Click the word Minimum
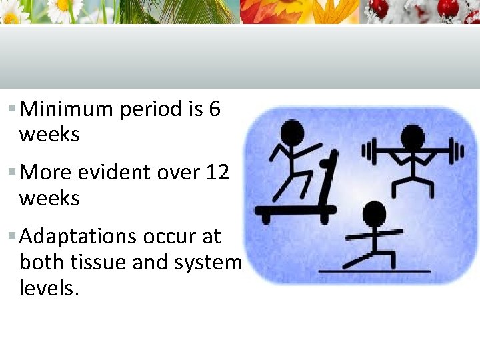[67, 109]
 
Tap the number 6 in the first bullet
[214, 109]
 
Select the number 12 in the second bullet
[217, 173]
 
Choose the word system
[207, 263]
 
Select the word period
[150, 109]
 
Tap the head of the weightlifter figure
[411, 137]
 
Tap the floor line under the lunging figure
[374, 271]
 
